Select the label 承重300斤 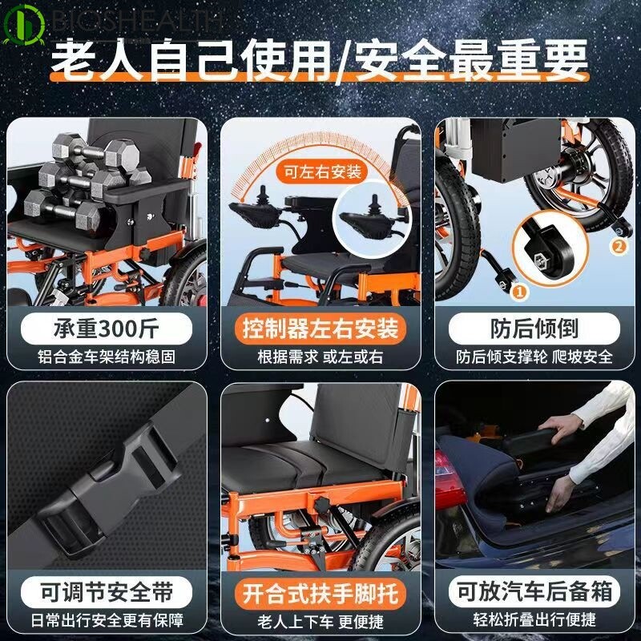[x=107, y=329]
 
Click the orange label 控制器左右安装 [x=320, y=329]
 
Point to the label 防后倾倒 [x=534, y=329]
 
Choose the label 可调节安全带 [x=107, y=592]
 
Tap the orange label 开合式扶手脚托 [x=320, y=592]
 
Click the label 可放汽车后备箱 [x=534, y=592]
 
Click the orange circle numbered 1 [x=518, y=293]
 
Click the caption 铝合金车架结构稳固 [x=107, y=357]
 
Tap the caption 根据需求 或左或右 [x=320, y=357]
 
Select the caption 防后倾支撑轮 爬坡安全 [x=534, y=357]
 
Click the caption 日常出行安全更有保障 [x=107, y=619]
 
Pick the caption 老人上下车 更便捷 [x=320, y=619]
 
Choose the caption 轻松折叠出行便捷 [x=534, y=619]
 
